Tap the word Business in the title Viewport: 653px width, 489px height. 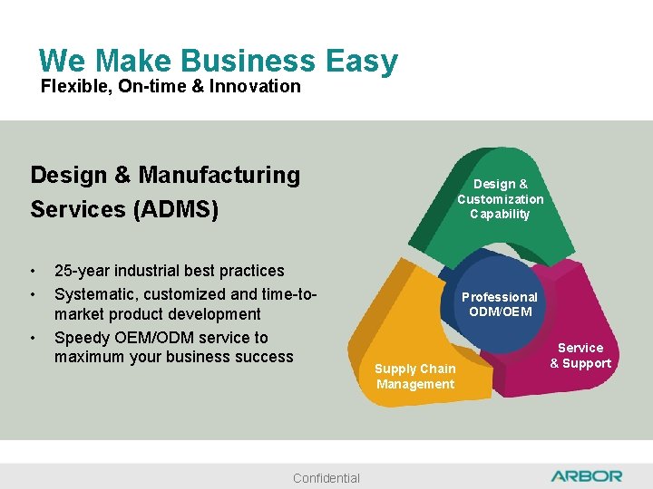coord(249,61)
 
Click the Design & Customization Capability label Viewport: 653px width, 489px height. coord(500,199)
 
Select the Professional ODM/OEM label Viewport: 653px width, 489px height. coord(499,304)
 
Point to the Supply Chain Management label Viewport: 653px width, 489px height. coord(415,377)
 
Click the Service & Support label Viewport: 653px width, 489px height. coord(580,356)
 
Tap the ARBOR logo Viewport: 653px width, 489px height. coord(586,475)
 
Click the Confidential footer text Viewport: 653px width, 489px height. coord(326,478)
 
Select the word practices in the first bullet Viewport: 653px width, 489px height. coord(248,271)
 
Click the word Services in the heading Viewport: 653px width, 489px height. coord(78,209)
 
